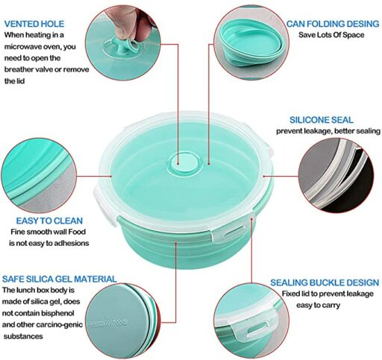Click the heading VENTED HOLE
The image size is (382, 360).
click(34, 24)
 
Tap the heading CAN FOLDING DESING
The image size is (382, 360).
click(333, 24)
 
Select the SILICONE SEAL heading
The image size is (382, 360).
click(322, 120)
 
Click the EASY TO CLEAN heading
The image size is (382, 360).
click(49, 221)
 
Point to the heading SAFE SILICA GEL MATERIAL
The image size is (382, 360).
click(60, 279)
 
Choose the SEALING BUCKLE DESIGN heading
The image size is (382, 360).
click(325, 282)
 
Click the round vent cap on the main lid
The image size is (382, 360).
click(184, 164)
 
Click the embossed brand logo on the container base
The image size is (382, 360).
click(107, 323)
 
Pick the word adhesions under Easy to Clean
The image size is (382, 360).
click(72, 243)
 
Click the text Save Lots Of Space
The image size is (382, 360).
click(331, 35)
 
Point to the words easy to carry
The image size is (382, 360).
click(318, 305)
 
